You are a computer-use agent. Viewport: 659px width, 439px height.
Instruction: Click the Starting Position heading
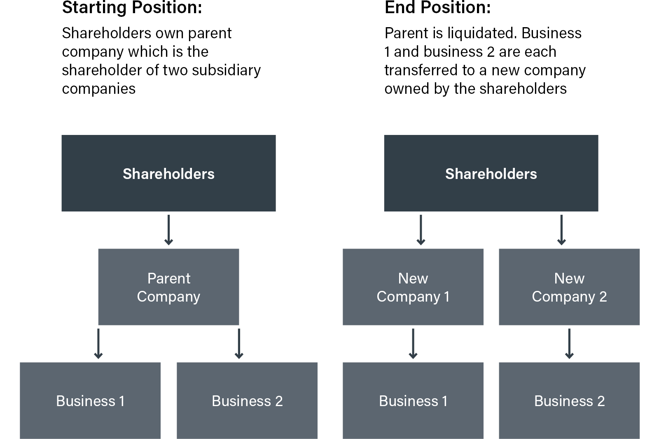click(x=132, y=8)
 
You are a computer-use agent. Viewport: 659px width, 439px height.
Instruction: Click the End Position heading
click(x=437, y=8)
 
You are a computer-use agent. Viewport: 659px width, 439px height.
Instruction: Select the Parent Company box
click(x=168, y=287)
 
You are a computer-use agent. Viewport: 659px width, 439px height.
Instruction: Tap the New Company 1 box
click(x=413, y=287)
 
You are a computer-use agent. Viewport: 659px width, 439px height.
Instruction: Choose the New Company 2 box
click(x=569, y=287)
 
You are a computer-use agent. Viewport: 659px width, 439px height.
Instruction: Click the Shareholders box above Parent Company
click(x=168, y=173)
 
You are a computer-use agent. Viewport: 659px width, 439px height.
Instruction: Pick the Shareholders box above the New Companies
click(x=491, y=173)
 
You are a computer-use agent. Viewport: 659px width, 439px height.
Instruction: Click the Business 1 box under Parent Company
click(x=90, y=400)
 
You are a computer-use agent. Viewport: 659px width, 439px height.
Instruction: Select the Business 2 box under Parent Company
click(x=247, y=400)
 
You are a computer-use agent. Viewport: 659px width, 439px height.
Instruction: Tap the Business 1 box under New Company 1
click(x=413, y=400)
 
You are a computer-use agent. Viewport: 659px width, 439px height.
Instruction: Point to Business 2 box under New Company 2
click(x=569, y=400)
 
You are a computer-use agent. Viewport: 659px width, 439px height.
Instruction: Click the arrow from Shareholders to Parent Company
click(x=168, y=230)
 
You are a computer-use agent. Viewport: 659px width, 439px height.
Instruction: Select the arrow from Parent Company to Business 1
click(x=98, y=344)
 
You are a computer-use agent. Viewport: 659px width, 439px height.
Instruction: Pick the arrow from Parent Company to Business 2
click(x=239, y=344)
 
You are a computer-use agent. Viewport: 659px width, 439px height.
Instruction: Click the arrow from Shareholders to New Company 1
click(x=421, y=230)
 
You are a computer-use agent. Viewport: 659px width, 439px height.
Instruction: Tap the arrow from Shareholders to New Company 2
click(x=561, y=230)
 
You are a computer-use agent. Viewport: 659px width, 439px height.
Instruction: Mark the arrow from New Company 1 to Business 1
click(x=413, y=344)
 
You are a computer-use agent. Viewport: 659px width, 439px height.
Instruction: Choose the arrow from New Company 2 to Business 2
click(x=569, y=344)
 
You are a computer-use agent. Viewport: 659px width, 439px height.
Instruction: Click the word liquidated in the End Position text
click(x=482, y=33)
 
